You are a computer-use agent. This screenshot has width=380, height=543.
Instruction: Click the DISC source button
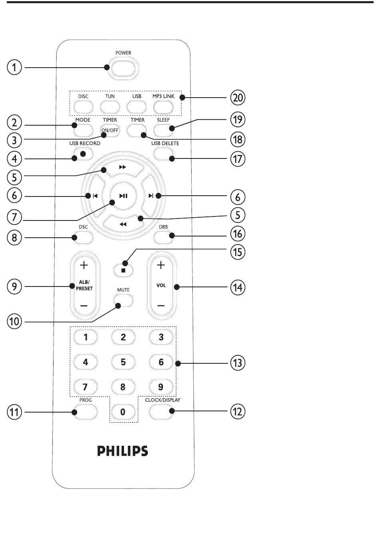coord(83,107)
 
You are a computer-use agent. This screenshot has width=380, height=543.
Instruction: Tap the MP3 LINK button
coord(163,107)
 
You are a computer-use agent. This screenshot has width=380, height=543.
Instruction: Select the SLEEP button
coord(163,130)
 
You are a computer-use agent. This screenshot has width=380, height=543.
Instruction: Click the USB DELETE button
coord(163,154)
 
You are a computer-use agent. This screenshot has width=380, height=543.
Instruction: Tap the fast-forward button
coord(123,168)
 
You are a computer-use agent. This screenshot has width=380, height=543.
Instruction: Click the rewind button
coord(123,224)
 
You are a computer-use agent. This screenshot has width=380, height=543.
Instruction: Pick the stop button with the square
coord(123,270)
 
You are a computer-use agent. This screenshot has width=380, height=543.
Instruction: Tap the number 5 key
coord(123,362)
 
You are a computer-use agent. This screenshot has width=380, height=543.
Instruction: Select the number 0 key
coord(123,412)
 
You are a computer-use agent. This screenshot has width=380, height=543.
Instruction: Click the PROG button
coord(85,412)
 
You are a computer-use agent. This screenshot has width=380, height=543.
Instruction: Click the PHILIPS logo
coord(123,451)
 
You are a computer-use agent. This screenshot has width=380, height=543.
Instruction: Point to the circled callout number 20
coord(238,98)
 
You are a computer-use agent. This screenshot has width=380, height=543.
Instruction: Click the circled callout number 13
coord(238,363)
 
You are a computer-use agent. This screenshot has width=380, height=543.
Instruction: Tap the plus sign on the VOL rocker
coord(161,265)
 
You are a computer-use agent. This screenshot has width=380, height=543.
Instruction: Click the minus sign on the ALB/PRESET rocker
coord(84,306)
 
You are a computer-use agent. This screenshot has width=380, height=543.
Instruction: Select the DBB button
coord(163,237)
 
